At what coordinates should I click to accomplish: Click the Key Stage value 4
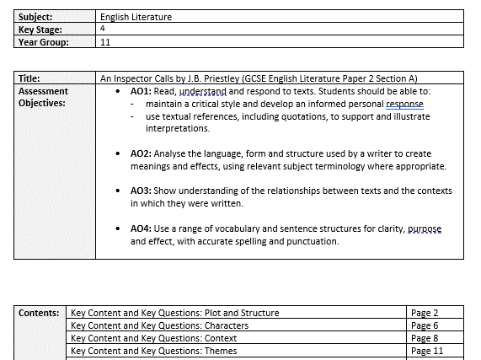pyautogui.click(x=103, y=29)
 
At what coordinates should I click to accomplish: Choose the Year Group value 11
pyautogui.click(x=105, y=41)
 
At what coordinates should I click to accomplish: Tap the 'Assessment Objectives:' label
pyautogui.click(x=44, y=97)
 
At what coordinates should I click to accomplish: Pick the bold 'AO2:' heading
pyautogui.click(x=142, y=153)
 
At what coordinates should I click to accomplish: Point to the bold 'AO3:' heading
pyautogui.click(x=142, y=191)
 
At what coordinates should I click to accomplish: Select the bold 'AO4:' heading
pyautogui.click(x=142, y=228)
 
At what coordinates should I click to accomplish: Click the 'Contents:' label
pyautogui.click(x=40, y=313)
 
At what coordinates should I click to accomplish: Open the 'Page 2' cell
pyautogui.click(x=425, y=313)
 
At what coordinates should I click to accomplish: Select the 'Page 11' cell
pyautogui.click(x=427, y=351)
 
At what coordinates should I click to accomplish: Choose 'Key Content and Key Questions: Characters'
pyautogui.click(x=160, y=325)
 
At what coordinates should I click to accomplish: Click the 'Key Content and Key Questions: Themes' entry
pyautogui.click(x=154, y=351)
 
